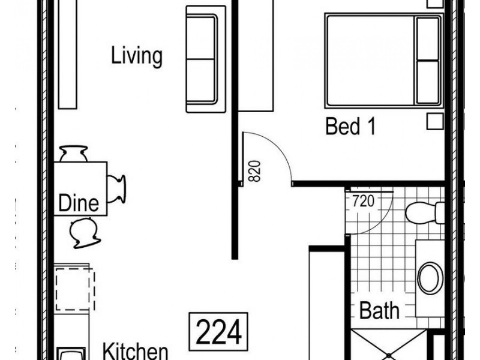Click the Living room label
137,56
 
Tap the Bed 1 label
351,127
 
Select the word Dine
78,203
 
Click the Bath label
379,311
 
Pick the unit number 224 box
219,331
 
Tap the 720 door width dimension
362,201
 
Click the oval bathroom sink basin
430,277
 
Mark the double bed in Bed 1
383,60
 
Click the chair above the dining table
74,154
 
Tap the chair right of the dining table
117,188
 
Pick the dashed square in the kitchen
74,289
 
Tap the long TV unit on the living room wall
67,54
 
